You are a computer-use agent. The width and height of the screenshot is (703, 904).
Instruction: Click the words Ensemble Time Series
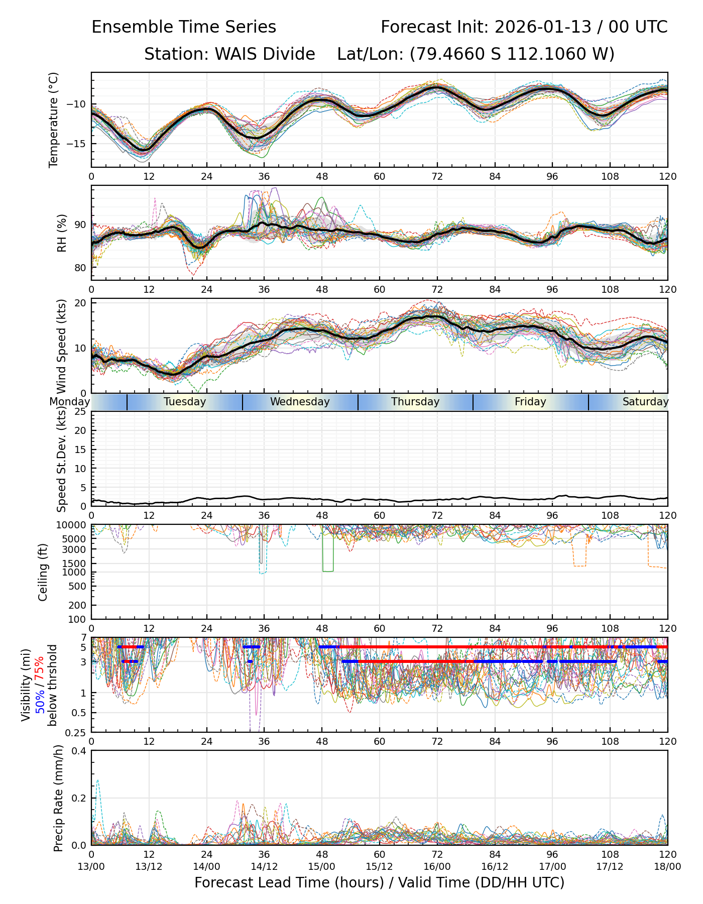pos(184,27)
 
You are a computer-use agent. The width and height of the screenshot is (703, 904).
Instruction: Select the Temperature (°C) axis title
pos(54,120)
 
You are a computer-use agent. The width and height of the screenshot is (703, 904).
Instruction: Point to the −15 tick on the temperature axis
pos(79,144)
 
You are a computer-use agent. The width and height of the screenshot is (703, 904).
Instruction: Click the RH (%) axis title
pos(62,233)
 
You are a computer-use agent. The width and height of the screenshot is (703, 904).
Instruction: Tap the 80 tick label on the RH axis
pos(80,268)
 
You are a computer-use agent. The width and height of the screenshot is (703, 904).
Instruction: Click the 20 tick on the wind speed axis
pos(80,303)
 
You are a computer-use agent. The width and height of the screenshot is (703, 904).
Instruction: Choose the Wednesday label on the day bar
pos(300,402)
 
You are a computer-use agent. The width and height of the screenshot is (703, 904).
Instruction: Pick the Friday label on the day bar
pos(530,402)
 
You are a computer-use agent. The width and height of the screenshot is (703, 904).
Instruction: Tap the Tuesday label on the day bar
pos(185,402)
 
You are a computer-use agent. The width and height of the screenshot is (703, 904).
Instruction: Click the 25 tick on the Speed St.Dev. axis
pos(80,412)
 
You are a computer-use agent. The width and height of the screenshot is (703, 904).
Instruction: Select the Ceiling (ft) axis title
pos(43,572)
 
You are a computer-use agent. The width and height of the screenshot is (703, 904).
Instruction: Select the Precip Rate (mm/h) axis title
pos(58,798)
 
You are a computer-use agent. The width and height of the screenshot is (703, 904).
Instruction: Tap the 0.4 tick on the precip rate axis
pos(79,751)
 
